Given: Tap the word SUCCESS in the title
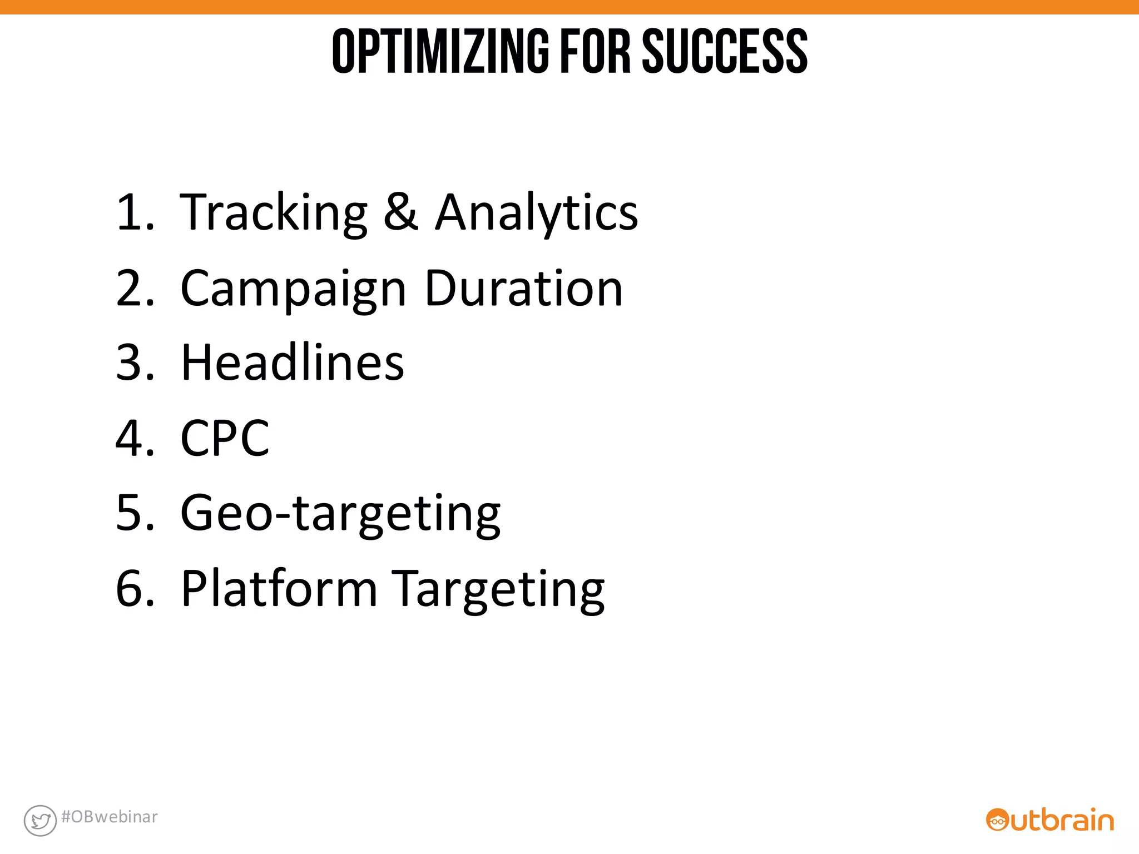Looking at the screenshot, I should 725,51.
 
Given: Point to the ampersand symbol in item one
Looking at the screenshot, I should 400,212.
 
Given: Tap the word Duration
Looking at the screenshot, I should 523,289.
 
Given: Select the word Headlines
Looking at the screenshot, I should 293,363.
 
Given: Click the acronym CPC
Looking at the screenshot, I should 225,439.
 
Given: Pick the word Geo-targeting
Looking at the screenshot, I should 340,515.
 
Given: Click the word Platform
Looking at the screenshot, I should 279,589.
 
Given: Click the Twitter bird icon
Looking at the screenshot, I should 40,820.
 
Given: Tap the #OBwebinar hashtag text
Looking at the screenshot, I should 110,817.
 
